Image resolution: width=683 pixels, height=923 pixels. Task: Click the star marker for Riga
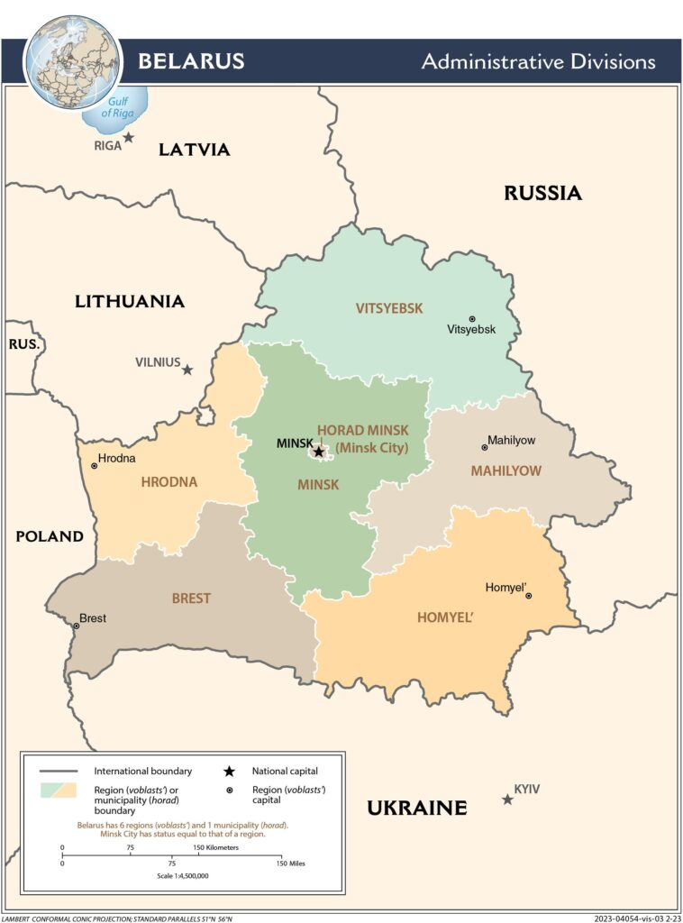[129, 138]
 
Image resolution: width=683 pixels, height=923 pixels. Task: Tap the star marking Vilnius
[187, 370]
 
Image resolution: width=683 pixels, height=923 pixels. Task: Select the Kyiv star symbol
[507, 800]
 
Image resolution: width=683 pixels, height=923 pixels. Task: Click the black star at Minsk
[318, 452]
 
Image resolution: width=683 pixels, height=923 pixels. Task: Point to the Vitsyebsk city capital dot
[472, 318]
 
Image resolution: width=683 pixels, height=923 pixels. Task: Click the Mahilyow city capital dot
[484, 447]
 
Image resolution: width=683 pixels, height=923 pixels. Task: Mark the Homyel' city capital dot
[529, 596]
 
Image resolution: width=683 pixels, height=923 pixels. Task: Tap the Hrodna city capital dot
[94, 465]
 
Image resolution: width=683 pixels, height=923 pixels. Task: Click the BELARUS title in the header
[190, 61]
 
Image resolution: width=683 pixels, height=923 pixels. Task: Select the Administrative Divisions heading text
[538, 62]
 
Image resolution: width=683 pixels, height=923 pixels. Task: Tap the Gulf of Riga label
[118, 108]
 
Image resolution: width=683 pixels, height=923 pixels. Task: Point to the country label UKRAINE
[416, 808]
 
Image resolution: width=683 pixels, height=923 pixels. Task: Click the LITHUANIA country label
[130, 301]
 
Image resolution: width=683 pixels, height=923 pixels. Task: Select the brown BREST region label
[191, 599]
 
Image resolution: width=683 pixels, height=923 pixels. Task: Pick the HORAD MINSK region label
[362, 432]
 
